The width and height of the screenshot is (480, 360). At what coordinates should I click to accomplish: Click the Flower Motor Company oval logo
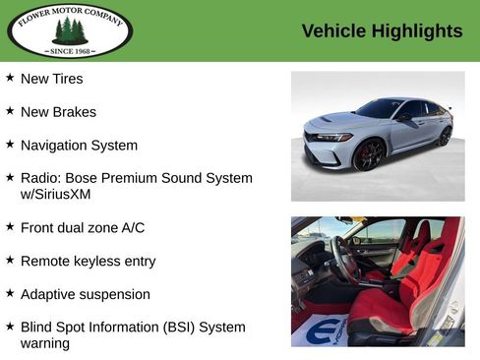(x=70, y=30)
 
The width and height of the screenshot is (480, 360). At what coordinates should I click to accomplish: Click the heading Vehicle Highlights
(x=382, y=31)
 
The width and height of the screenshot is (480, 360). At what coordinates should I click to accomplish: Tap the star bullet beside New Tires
(x=10, y=78)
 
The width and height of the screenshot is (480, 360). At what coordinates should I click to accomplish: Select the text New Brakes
(x=58, y=112)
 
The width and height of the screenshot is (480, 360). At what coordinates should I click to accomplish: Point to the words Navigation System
(x=79, y=146)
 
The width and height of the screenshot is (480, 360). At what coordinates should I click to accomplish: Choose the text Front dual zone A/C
(x=83, y=228)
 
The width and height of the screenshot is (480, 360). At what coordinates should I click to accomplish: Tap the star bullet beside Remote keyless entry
(x=10, y=261)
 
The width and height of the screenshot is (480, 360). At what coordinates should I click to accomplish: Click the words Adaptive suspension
(x=85, y=294)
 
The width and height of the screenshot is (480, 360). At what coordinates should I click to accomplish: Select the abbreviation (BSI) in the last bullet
(x=171, y=327)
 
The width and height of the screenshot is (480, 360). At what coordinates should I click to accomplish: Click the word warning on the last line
(x=45, y=343)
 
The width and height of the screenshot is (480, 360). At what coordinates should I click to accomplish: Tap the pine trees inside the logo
(x=70, y=30)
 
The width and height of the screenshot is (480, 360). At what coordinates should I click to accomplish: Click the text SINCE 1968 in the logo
(x=70, y=48)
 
